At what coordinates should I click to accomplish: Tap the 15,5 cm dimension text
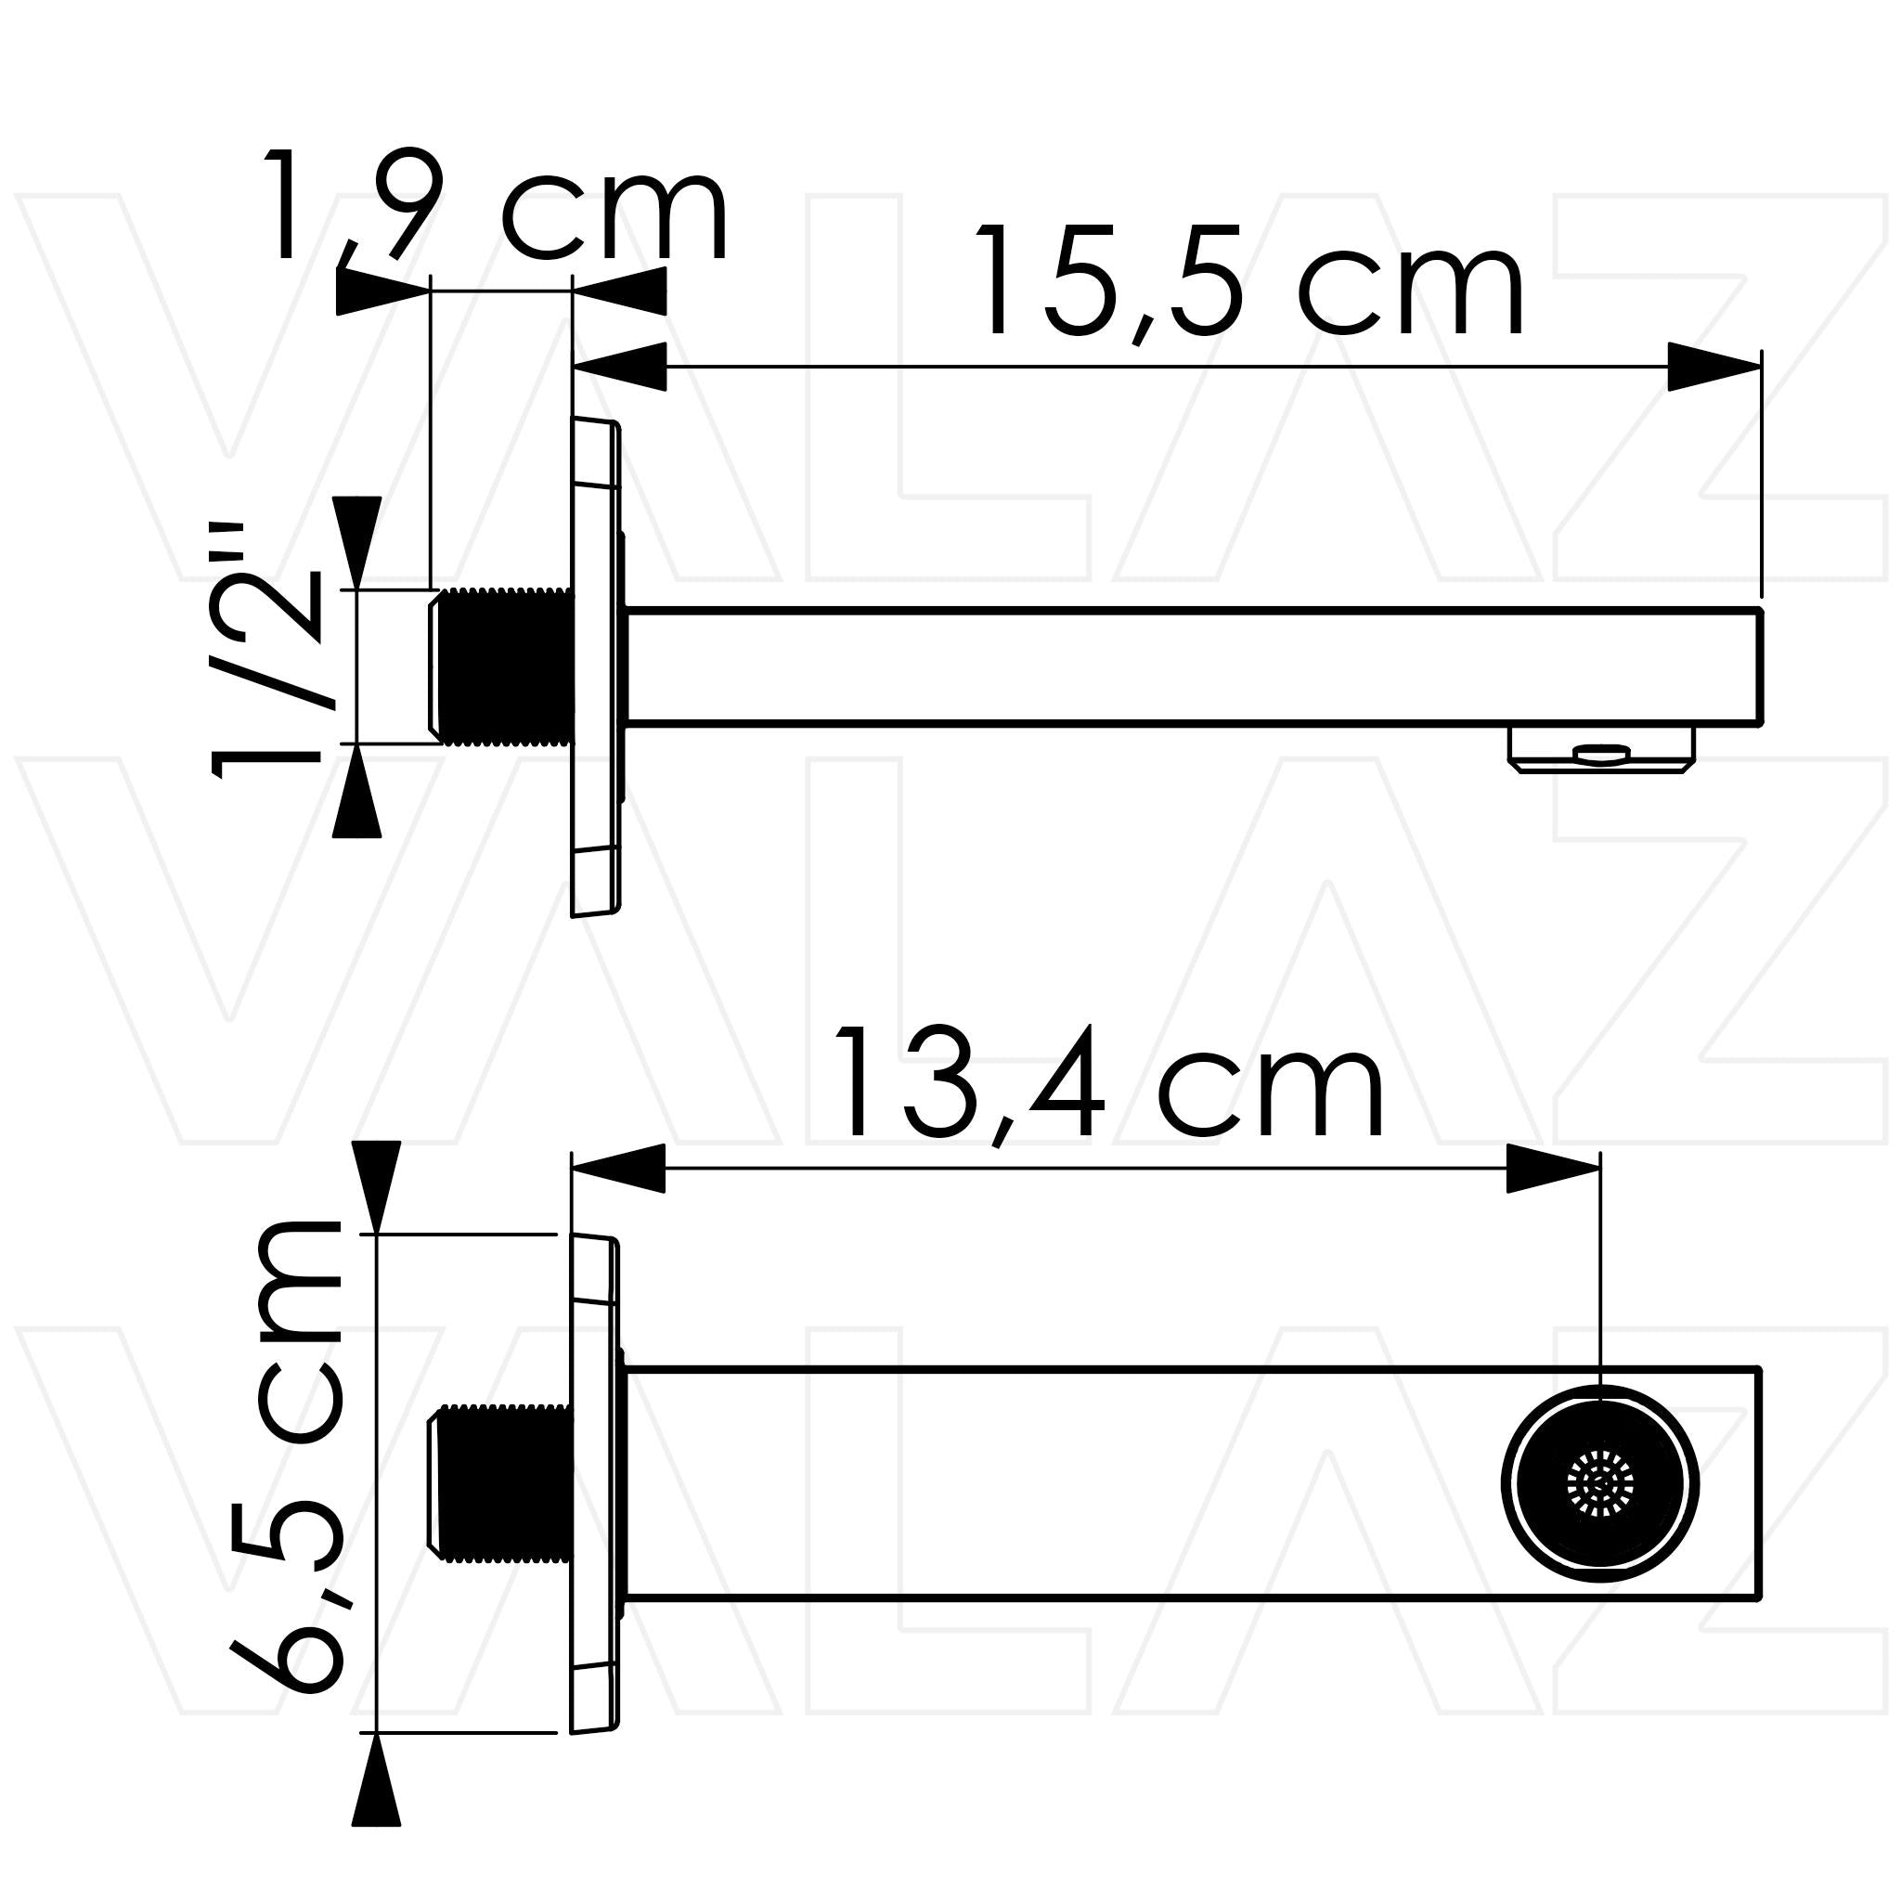click(x=1248, y=283)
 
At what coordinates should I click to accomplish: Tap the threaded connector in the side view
click(x=502, y=666)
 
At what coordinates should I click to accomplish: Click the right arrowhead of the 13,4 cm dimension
click(x=1553, y=1168)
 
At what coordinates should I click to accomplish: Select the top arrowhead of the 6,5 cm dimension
click(x=376, y=1185)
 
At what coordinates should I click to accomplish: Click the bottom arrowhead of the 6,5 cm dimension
click(x=376, y=1791)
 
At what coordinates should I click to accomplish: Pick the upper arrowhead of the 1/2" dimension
click(x=356, y=542)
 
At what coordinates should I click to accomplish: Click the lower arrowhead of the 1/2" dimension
click(x=356, y=792)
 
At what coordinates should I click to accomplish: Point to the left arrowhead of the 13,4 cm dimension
click(x=618, y=1168)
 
